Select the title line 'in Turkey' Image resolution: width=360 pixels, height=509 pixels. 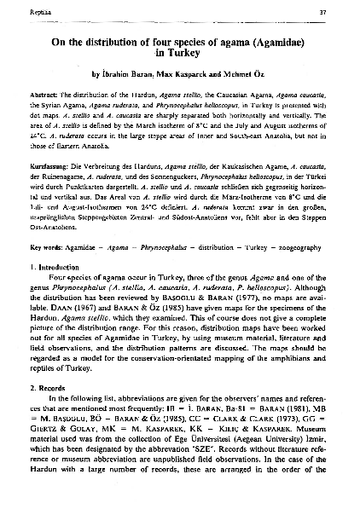pos(179,55)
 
